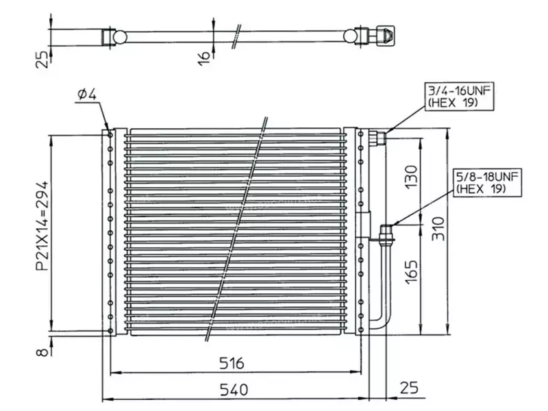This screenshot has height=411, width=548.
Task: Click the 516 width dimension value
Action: [x=232, y=363]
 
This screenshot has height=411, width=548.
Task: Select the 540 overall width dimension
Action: [x=234, y=390]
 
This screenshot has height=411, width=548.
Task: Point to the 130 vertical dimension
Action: [x=412, y=177]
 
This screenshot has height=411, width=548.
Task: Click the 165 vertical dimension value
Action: [x=412, y=272]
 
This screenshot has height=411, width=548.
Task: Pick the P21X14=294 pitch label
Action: [x=42, y=226]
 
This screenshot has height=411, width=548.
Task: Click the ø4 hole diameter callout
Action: [x=87, y=94]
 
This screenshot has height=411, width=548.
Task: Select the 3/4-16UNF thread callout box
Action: [x=459, y=97]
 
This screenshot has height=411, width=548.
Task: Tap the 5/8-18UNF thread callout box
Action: [x=488, y=183]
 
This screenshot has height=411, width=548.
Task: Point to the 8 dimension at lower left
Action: [x=42, y=351]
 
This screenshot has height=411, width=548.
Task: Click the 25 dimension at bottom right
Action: [x=408, y=388]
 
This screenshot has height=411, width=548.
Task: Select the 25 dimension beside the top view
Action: [x=42, y=60]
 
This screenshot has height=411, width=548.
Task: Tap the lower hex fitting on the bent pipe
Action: [x=386, y=233]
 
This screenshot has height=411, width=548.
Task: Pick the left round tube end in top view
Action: [x=119, y=37]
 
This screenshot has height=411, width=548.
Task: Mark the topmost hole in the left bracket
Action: [x=110, y=135]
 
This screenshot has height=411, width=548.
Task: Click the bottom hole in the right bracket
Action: [x=361, y=330]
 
